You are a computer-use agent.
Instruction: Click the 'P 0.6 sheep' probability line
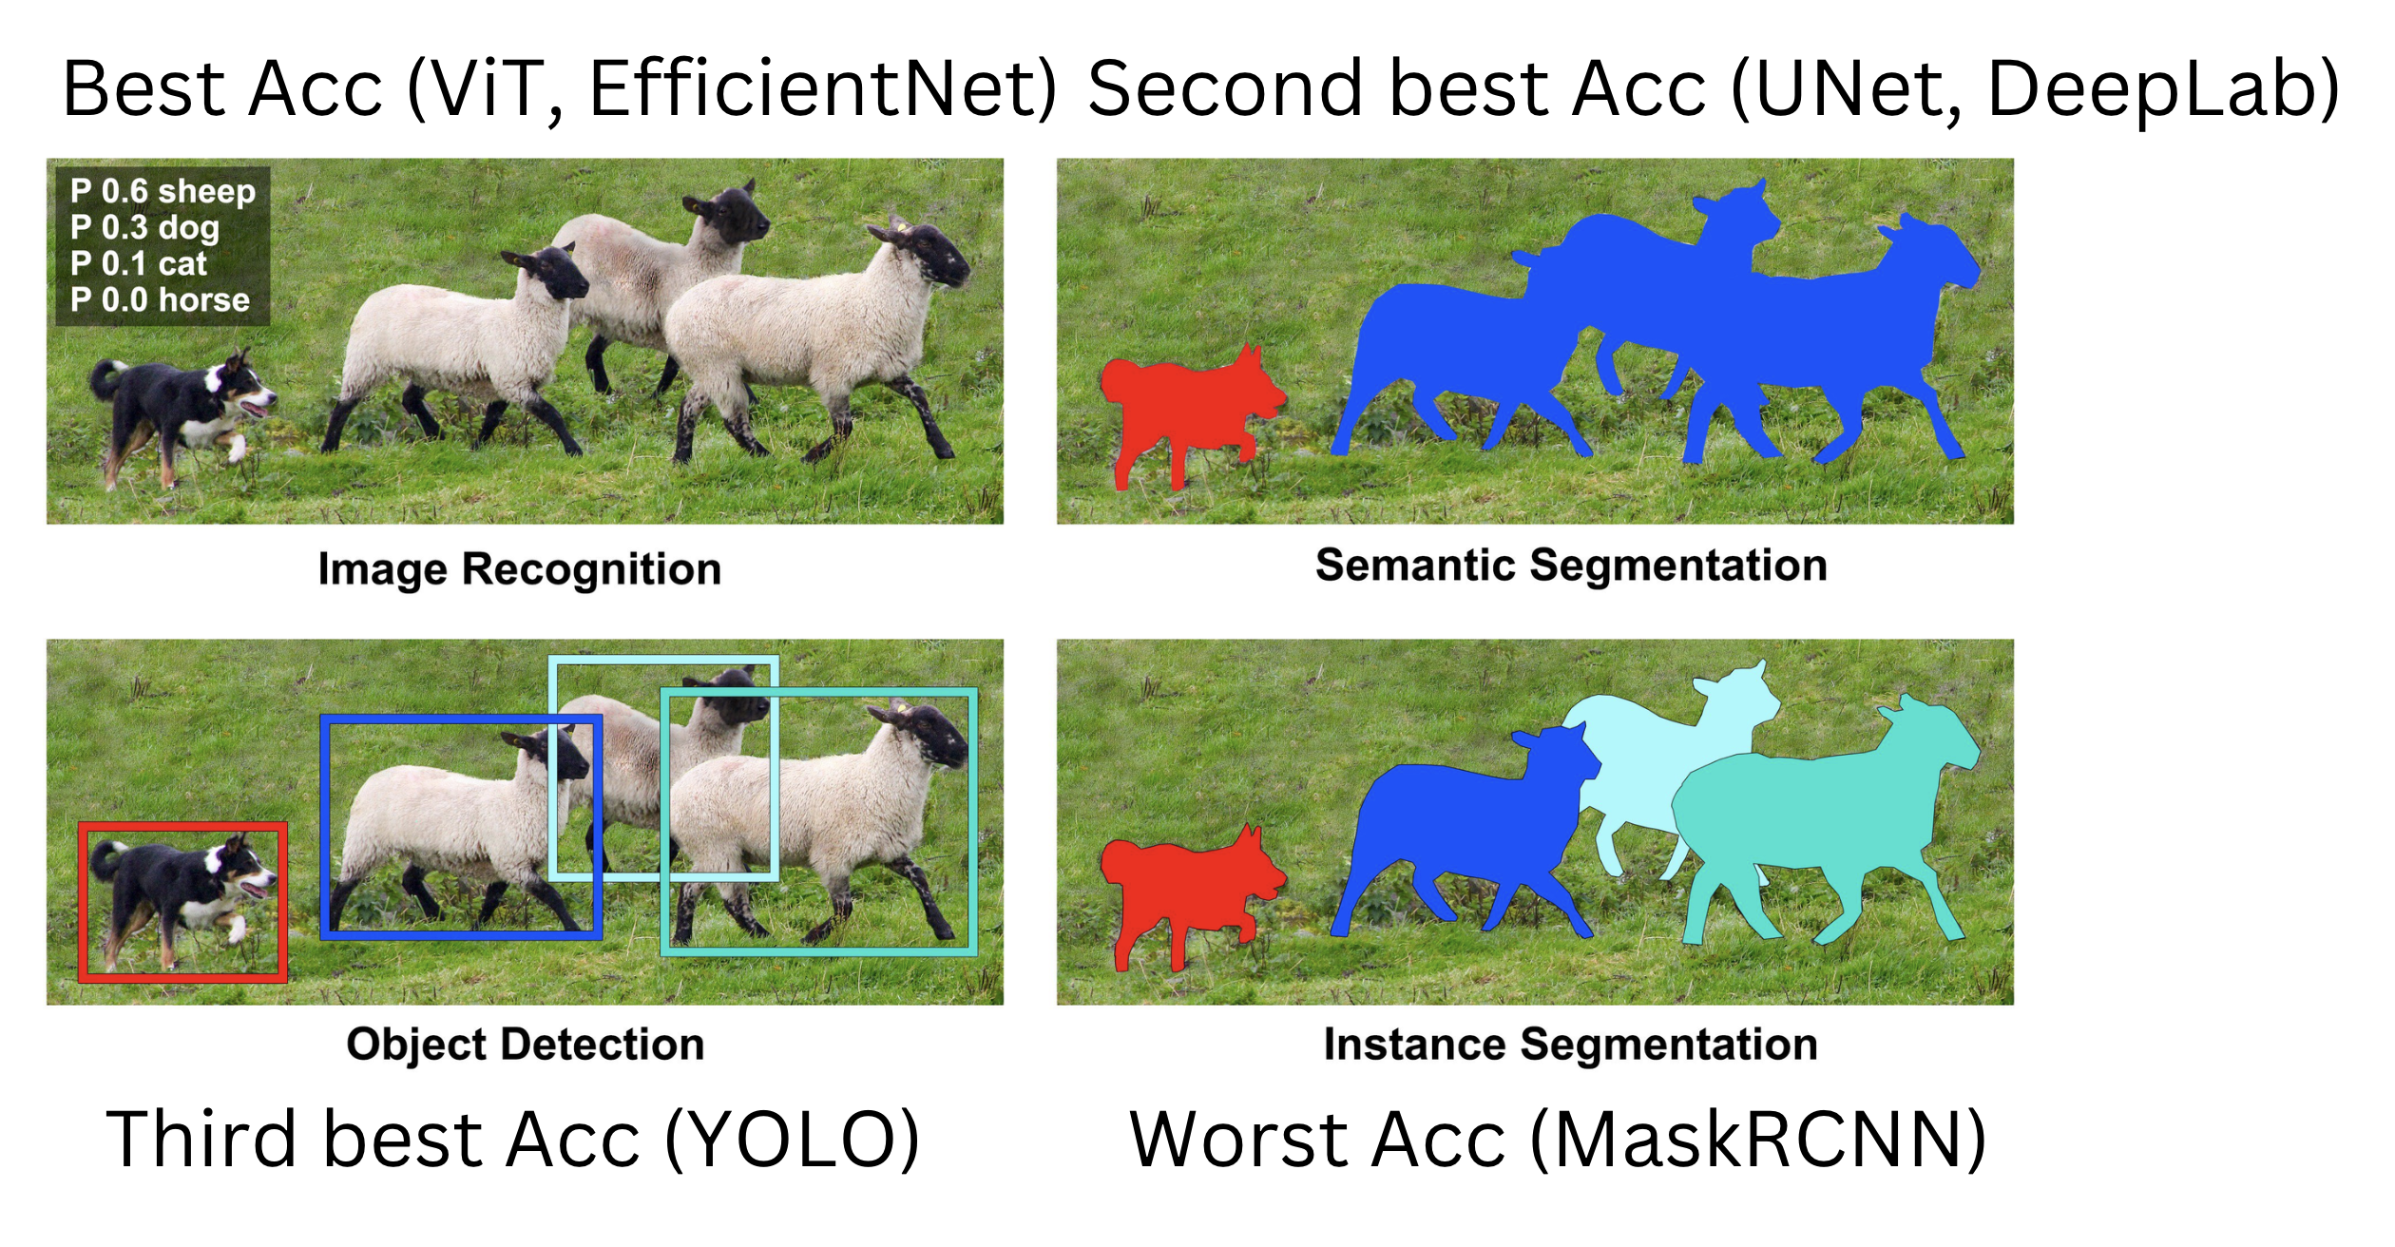coord(163,192)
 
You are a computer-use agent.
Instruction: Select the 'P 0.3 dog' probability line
coord(144,228)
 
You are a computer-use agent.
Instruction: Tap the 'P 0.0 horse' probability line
coord(160,300)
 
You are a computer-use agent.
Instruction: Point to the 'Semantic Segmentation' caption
coord(1571,566)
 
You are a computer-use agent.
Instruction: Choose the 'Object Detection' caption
coord(526,1045)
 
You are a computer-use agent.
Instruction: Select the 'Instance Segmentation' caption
coord(1571,1045)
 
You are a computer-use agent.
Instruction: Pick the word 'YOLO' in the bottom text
coord(791,1139)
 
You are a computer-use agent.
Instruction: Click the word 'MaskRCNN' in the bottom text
coord(1758,1139)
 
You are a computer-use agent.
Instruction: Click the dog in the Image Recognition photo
coord(181,413)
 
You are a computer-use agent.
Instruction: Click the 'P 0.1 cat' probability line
coord(138,264)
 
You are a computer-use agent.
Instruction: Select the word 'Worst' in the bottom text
coord(1235,1139)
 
